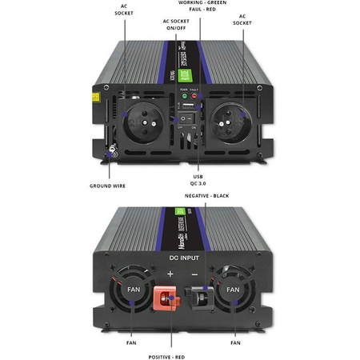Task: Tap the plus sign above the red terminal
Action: pos(169,274)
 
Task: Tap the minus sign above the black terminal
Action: pos(195,274)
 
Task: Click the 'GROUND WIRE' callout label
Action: pos(108,186)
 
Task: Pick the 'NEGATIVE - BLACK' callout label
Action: pos(207,195)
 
